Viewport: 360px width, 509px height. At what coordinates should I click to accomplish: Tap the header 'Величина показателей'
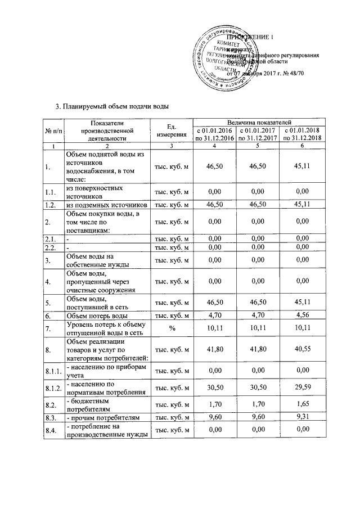[257, 122]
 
